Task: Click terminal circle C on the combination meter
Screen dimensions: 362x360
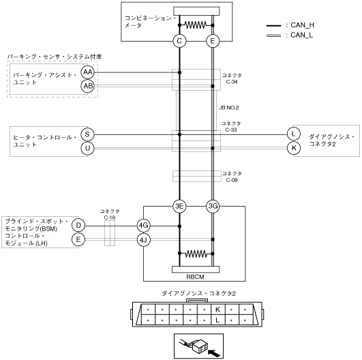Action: click(x=179, y=42)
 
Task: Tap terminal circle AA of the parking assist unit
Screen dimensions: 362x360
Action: click(x=87, y=72)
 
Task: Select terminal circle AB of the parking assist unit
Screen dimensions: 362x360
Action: click(x=87, y=86)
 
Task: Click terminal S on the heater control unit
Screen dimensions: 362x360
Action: click(x=87, y=134)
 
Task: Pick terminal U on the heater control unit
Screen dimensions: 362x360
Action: click(x=87, y=148)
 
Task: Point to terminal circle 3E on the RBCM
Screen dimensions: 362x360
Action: click(x=179, y=206)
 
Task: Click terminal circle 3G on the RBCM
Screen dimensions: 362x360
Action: click(x=213, y=206)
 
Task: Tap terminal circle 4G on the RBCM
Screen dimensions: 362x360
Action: click(x=143, y=226)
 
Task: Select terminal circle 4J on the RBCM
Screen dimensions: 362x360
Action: click(x=143, y=240)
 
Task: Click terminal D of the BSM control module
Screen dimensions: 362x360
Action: click(x=78, y=226)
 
